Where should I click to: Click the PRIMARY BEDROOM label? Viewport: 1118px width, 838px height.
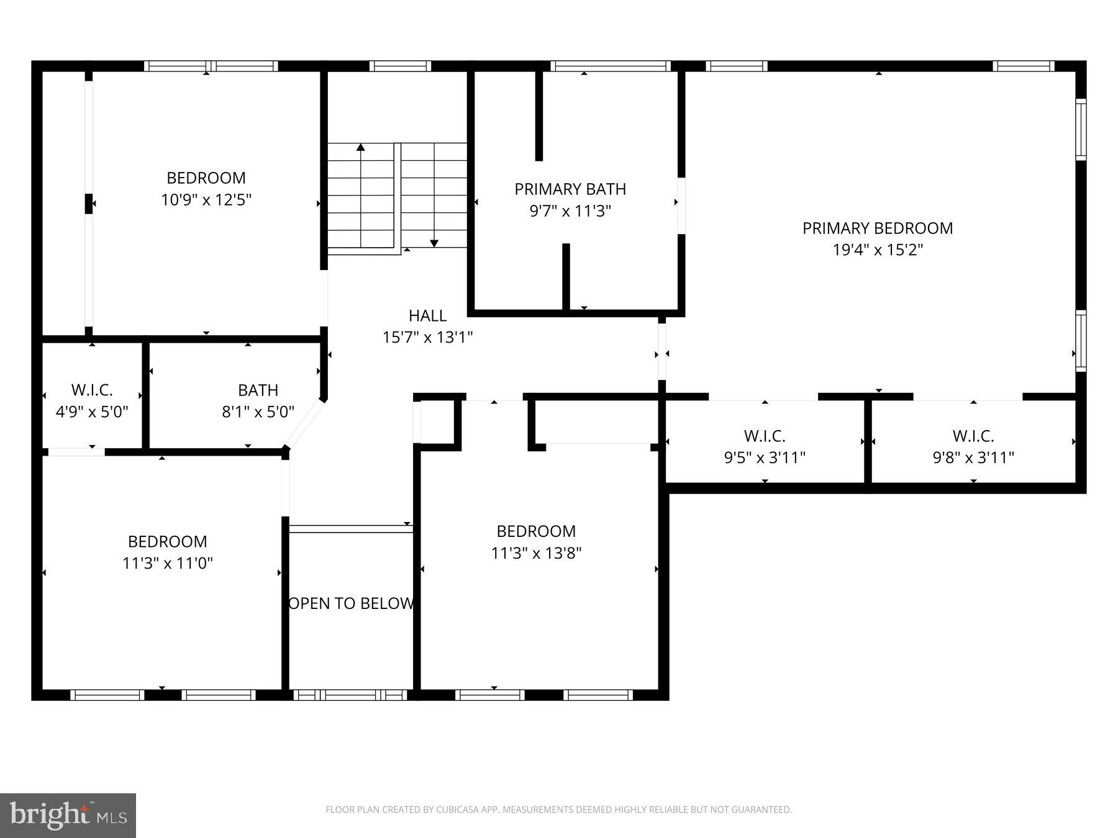(x=877, y=228)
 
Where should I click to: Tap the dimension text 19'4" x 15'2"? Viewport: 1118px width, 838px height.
(x=877, y=250)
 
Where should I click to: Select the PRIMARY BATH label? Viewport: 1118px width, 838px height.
(x=570, y=189)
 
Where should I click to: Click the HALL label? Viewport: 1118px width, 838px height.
(x=427, y=316)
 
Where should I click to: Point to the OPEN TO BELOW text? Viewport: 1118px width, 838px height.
(x=351, y=603)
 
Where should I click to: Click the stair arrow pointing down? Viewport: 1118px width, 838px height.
(x=434, y=243)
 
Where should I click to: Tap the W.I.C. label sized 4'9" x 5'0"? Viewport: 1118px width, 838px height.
(x=92, y=390)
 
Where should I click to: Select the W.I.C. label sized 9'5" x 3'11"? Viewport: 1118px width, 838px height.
(x=764, y=436)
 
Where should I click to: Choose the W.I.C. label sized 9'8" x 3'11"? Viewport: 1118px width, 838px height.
(x=973, y=436)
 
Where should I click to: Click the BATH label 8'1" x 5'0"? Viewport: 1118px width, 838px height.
(x=258, y=390)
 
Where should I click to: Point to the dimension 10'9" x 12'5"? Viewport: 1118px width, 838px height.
(x=206, y=200)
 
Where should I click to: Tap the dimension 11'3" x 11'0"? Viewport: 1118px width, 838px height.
(x=167, y=563)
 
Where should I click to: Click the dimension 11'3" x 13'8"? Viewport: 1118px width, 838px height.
(x=535, y=553)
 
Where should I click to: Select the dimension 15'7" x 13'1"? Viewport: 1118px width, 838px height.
(x=427, y=338)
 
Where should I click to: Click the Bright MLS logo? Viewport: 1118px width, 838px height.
(x=68, y=815)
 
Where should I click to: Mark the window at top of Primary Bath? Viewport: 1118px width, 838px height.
(x=610, y=66)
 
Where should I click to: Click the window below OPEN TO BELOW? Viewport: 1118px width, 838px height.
(x=350, y=695)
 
